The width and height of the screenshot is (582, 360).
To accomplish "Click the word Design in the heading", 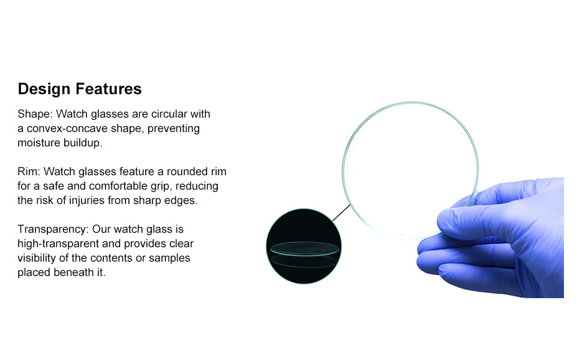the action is click(x=44, y=89).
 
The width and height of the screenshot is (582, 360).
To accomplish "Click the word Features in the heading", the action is click(x=109, y=89).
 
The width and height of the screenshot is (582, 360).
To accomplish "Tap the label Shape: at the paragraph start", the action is click(x=35, y=114).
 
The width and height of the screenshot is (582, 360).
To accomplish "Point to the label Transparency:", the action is click(x=53, y=229).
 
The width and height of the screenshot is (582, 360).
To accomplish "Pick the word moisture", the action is click(x=39, y=143).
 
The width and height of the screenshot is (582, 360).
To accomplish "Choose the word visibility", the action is click(x=37, y=259).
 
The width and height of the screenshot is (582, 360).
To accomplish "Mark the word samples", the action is click(x=169, y=259).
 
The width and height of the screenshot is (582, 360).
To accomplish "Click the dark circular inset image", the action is click(x=304, y=246).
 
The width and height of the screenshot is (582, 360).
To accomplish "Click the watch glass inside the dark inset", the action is click(x=304, y=248).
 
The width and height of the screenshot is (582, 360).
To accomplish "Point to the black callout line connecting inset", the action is click(x=341, y=212).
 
